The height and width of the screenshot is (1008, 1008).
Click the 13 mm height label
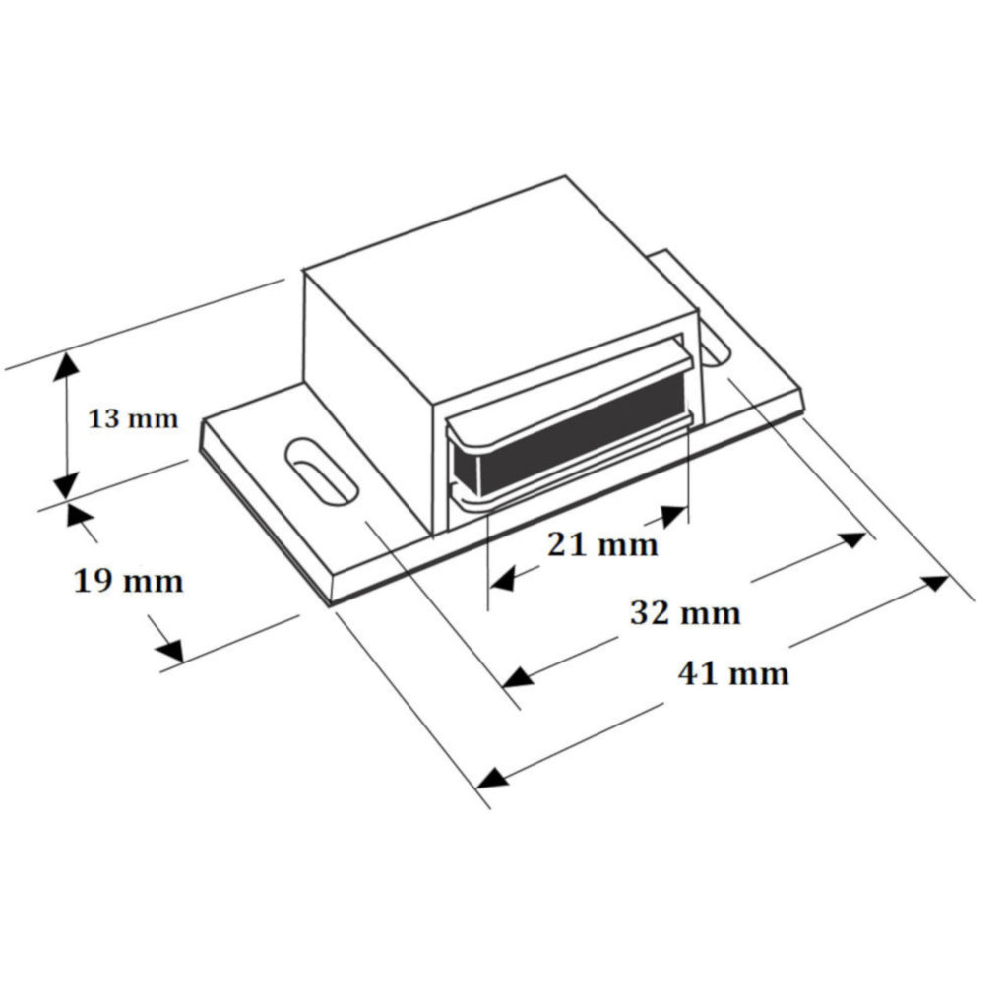pos(133,419)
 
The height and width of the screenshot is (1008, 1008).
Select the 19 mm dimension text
pos(129,581)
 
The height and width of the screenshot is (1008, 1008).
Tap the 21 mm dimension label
pos(602,543)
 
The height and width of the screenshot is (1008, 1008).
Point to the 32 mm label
pos(684,613)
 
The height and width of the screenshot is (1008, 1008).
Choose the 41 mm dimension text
pos(733,673)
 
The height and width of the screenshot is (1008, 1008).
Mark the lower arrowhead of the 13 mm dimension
pos(66,485)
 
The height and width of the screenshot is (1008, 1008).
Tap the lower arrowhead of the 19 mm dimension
pos(169,651)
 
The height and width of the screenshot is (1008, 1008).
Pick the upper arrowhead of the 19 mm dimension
pos(78,515)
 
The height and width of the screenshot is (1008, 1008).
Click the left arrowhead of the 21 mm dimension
pos(503,580)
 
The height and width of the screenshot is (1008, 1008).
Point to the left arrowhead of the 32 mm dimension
pos(518,678)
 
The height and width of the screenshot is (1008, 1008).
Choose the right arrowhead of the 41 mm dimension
pos(934,583)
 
